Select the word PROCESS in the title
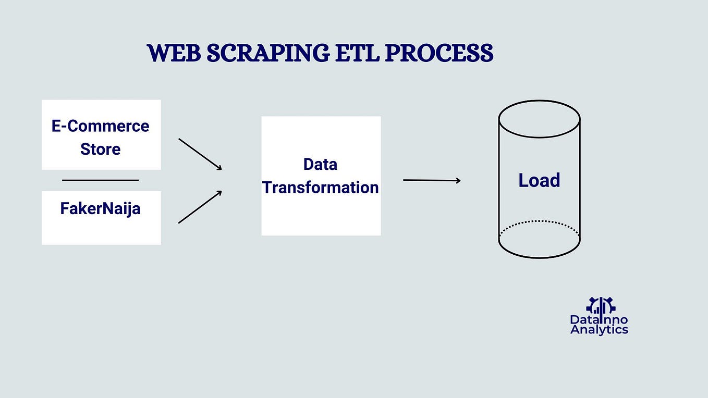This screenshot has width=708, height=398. coord(440,54)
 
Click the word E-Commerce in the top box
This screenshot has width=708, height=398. coord(100,126)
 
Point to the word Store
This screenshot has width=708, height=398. coord(100,149)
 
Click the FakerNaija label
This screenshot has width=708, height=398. coord(100,209)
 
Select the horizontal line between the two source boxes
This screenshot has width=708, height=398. coord(100,180)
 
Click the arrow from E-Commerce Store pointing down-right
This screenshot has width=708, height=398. coord(200,154)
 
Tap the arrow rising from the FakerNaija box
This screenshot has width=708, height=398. coord(200,207)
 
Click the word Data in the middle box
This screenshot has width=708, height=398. coord(320,165)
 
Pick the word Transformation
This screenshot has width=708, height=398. coord(320,188)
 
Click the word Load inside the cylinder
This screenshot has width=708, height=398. coord(539,180)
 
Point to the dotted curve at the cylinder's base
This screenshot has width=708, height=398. coord(539,221)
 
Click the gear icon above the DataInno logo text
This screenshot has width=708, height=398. coord(601,305)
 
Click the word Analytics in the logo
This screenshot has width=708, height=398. coord(599,330)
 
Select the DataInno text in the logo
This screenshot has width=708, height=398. coord(599,319)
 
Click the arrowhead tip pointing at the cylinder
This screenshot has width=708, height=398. coord(459,181)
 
